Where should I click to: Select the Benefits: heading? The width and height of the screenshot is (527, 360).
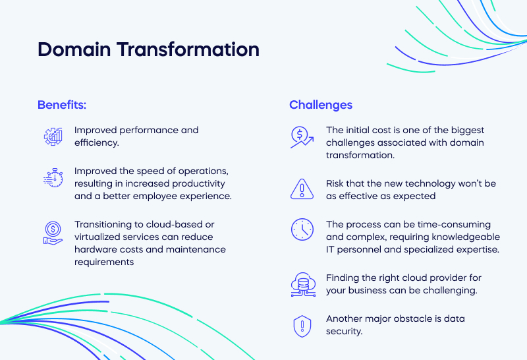click(62, 105)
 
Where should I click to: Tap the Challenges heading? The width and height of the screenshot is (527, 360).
click(321, 105)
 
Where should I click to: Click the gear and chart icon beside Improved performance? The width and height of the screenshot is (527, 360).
click(53, 136)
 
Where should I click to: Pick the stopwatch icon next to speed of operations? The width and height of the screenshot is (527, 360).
click(53, 177)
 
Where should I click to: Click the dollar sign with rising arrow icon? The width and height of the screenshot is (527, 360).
click(302, 137)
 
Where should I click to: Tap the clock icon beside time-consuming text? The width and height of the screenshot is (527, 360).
click(302, 229)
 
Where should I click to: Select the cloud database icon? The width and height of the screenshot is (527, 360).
click(302, 284)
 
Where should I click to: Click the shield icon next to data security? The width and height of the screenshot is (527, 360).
click(302, 325)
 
